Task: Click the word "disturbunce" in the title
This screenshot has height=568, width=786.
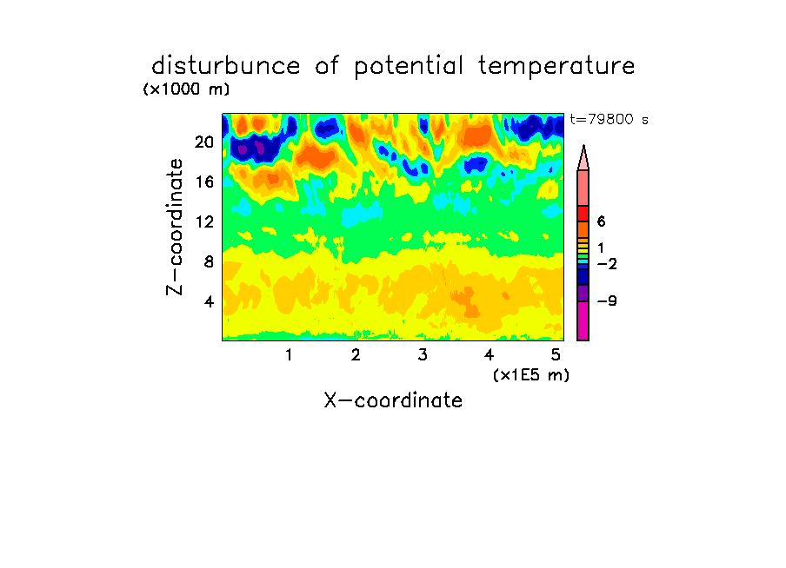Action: pos(225,65)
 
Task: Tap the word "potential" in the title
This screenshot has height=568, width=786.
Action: pos(409,67)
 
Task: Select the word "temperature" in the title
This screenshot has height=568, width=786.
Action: pos(556,67)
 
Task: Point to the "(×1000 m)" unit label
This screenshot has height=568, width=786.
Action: pos(186,89)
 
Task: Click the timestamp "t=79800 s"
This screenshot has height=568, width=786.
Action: pos(609,119)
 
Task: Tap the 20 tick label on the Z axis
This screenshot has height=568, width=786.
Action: pos(204,142)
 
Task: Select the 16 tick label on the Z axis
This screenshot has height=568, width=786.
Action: pos(204,182)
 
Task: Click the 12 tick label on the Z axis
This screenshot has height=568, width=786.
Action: pos(204,221)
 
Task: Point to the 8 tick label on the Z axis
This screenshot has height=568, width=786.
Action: pos(209,261)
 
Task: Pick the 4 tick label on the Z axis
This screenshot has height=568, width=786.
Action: pos(209,301)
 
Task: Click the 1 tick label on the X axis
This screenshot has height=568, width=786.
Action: pos(289,354)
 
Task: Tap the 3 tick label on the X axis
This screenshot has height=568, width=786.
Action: pos(423,354)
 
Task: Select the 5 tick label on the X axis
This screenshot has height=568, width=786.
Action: pos(556,354)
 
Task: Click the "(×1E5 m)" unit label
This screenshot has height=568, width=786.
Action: pos(531,375)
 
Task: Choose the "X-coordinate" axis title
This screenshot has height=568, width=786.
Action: pos(394,400)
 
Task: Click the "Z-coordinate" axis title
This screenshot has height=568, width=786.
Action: pos(175,227)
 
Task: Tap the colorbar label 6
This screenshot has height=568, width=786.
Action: pos(602,221)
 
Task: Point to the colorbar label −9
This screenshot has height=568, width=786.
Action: pos(607,301)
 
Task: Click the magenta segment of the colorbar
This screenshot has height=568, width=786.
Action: pos(583,320)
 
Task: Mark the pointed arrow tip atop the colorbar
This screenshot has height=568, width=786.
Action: pos(583,145)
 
